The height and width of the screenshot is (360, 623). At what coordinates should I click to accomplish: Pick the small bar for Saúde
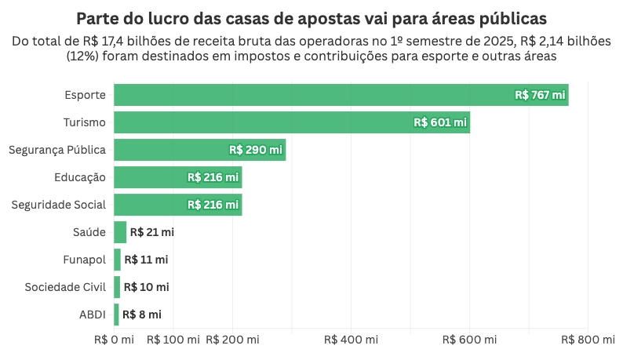(x=120, y=232)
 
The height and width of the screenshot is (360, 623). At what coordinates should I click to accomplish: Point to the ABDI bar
(x=116, y=315)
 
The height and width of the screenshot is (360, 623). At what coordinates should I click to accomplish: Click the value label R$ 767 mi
(x=540, y=95)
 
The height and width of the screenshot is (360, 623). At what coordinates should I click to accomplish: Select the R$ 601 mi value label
(x=440, y=122)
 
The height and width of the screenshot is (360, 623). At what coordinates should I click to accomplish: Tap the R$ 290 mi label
(x=255, y=150)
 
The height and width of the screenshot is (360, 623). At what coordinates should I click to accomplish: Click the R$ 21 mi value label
(x=151, y=232)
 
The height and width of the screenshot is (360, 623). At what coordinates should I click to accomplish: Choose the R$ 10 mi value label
(x=146, y=287)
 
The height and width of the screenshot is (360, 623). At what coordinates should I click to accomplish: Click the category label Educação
(x=80, y=177)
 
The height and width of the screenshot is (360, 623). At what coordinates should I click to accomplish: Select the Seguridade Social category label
(x=59, y=205)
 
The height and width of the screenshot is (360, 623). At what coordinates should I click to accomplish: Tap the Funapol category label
(x=84, y=260)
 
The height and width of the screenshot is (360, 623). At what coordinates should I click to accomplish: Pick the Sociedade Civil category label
(x=65, y=287)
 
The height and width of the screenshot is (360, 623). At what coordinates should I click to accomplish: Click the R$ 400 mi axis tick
(x=351, y=340)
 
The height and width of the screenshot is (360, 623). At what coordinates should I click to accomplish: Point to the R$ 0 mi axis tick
(x=114, y=340)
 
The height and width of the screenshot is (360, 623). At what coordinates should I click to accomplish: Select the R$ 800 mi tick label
(x=588, y=340)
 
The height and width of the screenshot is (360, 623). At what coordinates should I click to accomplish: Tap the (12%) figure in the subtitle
(x=82, y=56)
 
